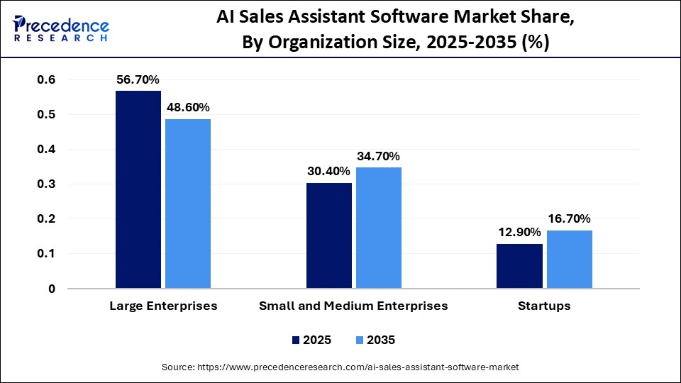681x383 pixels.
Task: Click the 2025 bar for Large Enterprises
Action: tap(138, 189)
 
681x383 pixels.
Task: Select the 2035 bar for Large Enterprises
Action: tap(188, 204)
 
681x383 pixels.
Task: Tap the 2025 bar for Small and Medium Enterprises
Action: tap(329, 235)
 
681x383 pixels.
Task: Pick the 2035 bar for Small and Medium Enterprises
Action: tap(379, 228)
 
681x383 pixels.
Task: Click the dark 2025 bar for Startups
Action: tap(519, 266)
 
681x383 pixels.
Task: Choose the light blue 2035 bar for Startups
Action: tap(569, 259)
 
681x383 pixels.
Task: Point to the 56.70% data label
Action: tap(138, 79)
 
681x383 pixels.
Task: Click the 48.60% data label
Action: tap(188, 107)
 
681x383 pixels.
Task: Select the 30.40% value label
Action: tap(329, 171)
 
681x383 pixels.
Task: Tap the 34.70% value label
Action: tap(379, 156)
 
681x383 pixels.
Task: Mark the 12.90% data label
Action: tap(519, 232)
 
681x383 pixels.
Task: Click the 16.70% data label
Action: tap(569, 218)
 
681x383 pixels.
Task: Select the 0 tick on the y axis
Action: tap(51, 289)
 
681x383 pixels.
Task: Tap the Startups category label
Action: tap(544, 306)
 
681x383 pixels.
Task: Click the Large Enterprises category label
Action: tap(163, 306)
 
